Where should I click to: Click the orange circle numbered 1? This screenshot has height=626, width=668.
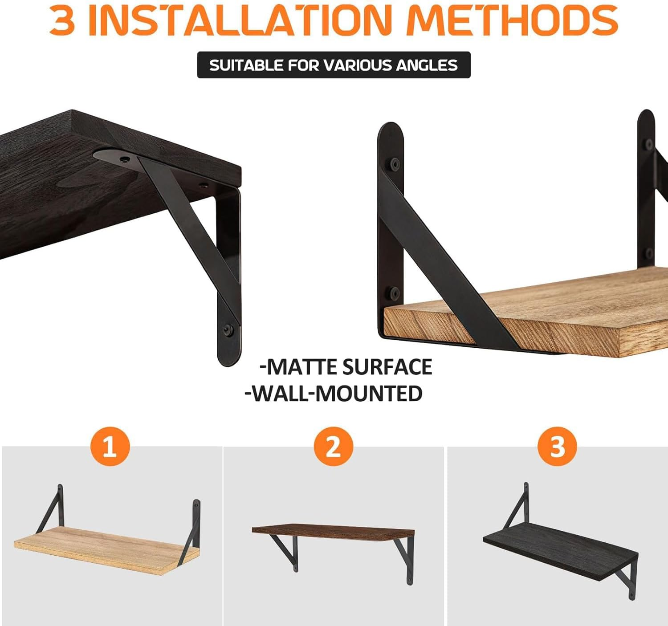(110, 447)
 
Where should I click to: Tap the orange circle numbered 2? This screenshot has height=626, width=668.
(333, 447)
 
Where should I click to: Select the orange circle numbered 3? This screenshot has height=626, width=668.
(557, 447)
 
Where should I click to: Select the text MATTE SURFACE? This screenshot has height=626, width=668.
(346, 367)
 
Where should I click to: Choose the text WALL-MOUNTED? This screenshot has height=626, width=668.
(334, 394)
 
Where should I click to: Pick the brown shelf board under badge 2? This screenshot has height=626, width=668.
(333, 532)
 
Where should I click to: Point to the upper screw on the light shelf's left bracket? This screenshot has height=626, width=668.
(394, 164)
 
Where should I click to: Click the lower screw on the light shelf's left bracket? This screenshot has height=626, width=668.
(394, 293)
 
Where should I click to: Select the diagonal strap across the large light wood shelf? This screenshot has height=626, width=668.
(445, 263)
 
